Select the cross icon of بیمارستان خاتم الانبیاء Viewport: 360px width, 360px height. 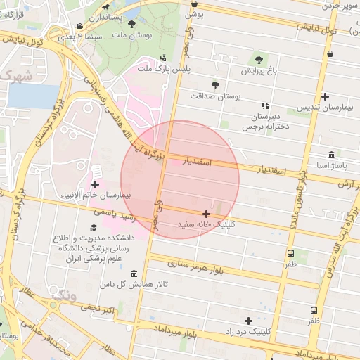(95, 184)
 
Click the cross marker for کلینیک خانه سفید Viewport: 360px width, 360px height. (206, 214)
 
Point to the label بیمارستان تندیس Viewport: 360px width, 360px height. (324, 107)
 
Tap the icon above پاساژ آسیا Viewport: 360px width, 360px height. (331, 155)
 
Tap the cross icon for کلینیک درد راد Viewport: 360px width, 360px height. (248, 320)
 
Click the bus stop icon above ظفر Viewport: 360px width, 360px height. (313, 309)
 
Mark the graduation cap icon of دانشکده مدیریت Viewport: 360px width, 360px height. (94, 228)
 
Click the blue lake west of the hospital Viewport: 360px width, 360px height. (32, 96)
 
